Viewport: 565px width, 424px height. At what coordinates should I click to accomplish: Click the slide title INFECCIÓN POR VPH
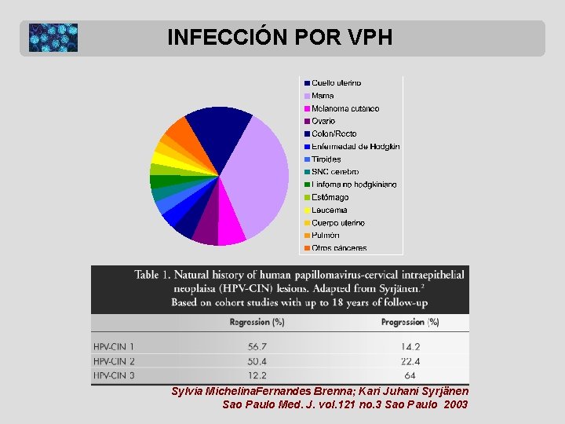[279, 37]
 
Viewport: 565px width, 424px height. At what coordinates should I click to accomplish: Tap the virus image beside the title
[53, 38]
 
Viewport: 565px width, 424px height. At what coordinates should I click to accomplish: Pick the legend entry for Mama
[323, 96]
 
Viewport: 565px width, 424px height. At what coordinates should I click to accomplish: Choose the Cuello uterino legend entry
[336, 82]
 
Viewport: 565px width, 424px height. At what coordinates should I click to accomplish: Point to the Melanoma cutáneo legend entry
[344, 108]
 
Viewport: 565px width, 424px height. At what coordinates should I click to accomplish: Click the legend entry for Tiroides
[326, 159]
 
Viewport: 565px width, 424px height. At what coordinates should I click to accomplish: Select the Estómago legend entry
[330, 197]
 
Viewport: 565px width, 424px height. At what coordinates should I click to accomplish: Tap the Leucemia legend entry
[329, 210]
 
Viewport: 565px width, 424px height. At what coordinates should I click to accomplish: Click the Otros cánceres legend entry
[338, 248]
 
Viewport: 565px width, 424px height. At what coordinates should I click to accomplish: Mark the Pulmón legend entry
[325, 235]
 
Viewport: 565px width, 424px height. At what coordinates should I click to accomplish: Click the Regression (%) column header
[257, 322]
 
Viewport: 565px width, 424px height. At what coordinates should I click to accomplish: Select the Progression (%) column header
[410, 322]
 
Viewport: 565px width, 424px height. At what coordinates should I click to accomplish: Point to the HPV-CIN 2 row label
[115, 361]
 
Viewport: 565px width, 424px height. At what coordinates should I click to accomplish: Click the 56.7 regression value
[257, 346]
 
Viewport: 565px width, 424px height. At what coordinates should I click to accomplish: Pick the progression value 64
[410, 376]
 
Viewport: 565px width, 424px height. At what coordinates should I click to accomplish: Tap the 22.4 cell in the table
[410, 361]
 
